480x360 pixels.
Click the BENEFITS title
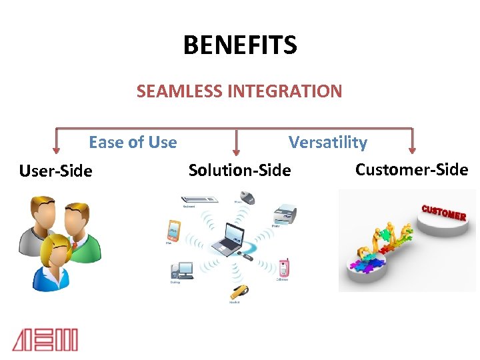point(240,46)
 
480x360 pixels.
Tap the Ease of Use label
point(133,143)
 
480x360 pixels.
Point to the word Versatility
point(327,143)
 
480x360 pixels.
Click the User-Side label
point(56,171)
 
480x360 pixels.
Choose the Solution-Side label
point(240,171)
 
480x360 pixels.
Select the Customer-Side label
point(411,169)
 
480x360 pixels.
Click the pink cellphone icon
point(284,267)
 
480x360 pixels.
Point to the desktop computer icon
point(181,270)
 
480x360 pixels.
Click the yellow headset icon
point(238,292)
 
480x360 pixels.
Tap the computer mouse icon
point(247,197)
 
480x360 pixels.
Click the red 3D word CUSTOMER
point(443,212)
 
